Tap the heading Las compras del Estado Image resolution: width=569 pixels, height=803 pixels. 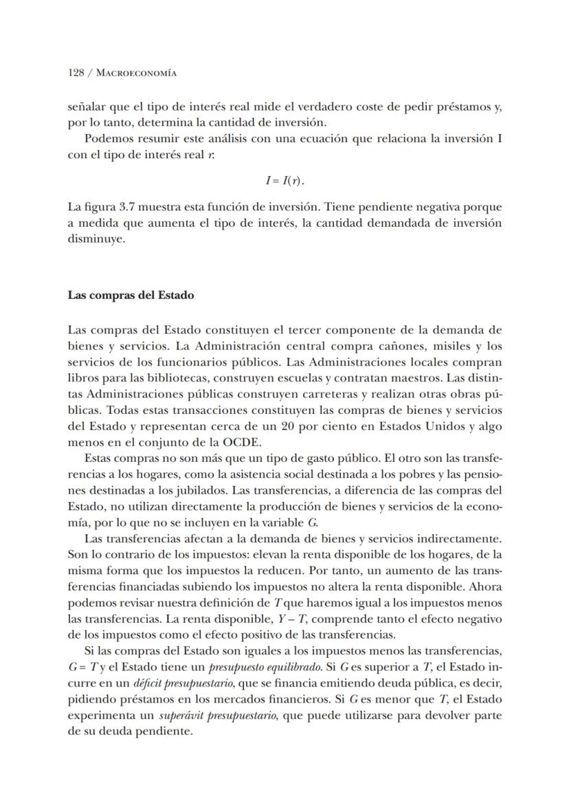pyautogui.click(x=131, y=295)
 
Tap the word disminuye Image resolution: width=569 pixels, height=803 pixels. pyautogui.click(x=97, y=239)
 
